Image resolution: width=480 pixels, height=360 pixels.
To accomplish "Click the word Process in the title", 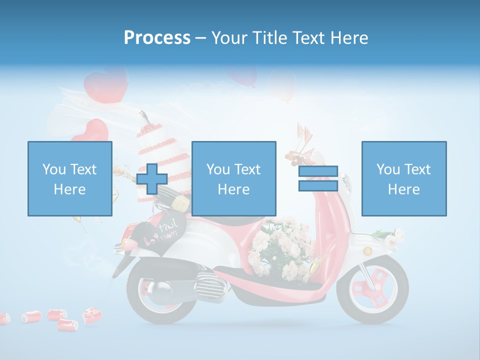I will pos(157,38).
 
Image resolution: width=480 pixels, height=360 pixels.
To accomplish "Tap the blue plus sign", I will pos(152,179).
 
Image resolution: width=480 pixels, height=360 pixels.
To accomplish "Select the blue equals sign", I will pos(318,178).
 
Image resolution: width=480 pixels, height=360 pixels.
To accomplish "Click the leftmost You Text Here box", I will pos(70,178).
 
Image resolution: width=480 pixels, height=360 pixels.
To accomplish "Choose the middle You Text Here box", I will pos(234,178).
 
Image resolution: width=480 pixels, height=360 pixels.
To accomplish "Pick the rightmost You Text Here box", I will pos(404,178).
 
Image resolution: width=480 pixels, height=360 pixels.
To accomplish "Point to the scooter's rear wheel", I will pos(155,295).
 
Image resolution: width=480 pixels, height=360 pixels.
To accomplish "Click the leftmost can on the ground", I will pos(4,318).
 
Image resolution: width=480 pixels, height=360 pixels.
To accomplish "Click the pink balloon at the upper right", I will pos(282,85).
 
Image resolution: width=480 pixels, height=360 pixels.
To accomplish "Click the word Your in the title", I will pos(229,38).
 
